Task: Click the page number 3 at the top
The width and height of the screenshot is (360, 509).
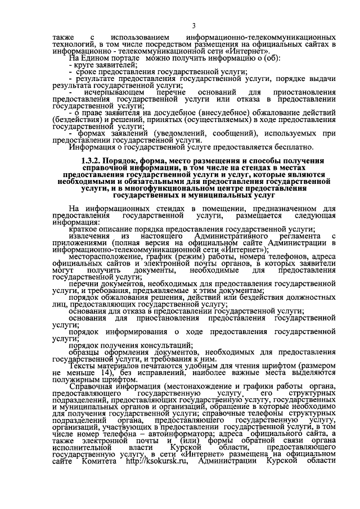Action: pyautogui.click(x=193, y=25)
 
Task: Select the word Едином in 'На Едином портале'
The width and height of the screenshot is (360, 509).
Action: pyautogui.click(x=97, y=58)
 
